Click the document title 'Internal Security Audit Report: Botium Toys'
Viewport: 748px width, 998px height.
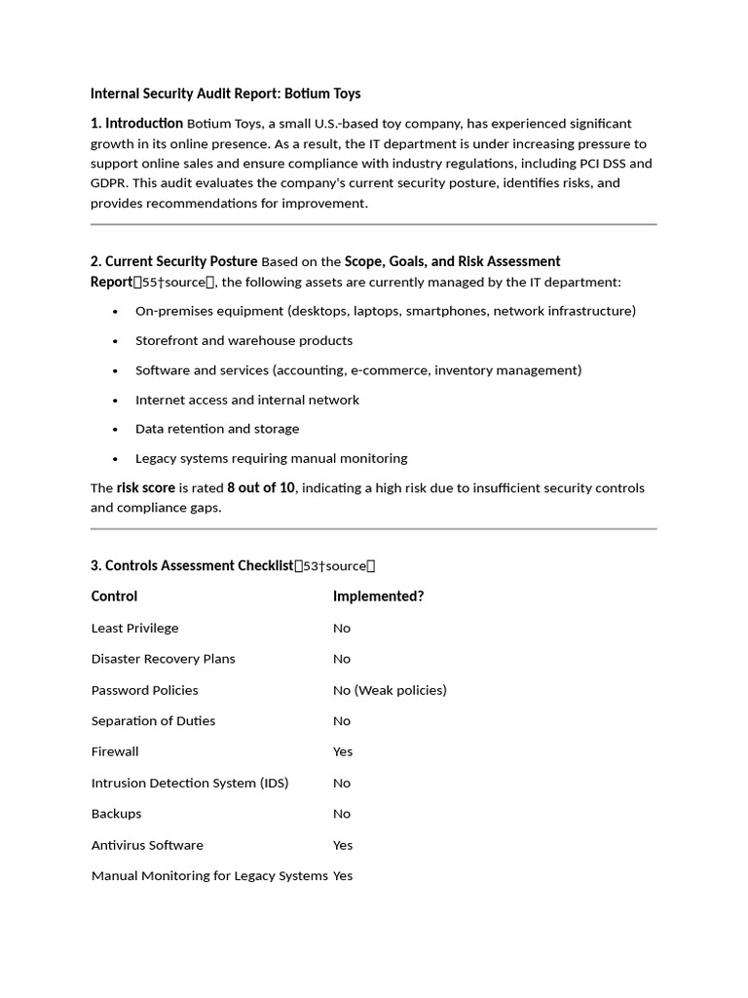click(x=225, y=94)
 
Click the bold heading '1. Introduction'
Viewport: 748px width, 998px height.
click(x=136, y=123)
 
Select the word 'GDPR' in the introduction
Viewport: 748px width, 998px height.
click(x=109, y=183)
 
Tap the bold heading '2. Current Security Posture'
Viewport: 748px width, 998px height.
click(x=174, y=261)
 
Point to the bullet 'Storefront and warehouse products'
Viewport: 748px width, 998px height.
click(x=243, y=340)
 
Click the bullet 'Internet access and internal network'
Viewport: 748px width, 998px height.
click(x=246, y=400)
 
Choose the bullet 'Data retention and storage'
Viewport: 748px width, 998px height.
click(x=217, y=429)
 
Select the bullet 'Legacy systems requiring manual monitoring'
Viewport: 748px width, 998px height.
click(x=271, y=458)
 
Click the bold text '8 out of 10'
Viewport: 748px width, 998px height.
click(x=260, y=487)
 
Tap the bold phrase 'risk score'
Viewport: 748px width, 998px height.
click(x=146, y=487)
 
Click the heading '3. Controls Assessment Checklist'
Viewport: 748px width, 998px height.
click(x=192, y=565)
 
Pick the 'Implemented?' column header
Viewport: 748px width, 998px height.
click(x=378, y=596)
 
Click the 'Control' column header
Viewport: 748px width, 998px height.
click(x=114, y=596)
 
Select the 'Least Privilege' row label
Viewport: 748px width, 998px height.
click(x=134, y=629)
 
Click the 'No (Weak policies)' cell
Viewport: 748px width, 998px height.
click(x=390, y=690)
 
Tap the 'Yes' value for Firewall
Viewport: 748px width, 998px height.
click(x=343, y=751)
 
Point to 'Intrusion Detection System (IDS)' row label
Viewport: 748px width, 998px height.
click(x=190, y=783)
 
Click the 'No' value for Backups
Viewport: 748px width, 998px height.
click(x=342, y=814)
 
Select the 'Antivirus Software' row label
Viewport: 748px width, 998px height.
click(x=147, y=845)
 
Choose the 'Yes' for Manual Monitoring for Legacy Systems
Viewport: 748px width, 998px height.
click(x=343, y=876)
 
